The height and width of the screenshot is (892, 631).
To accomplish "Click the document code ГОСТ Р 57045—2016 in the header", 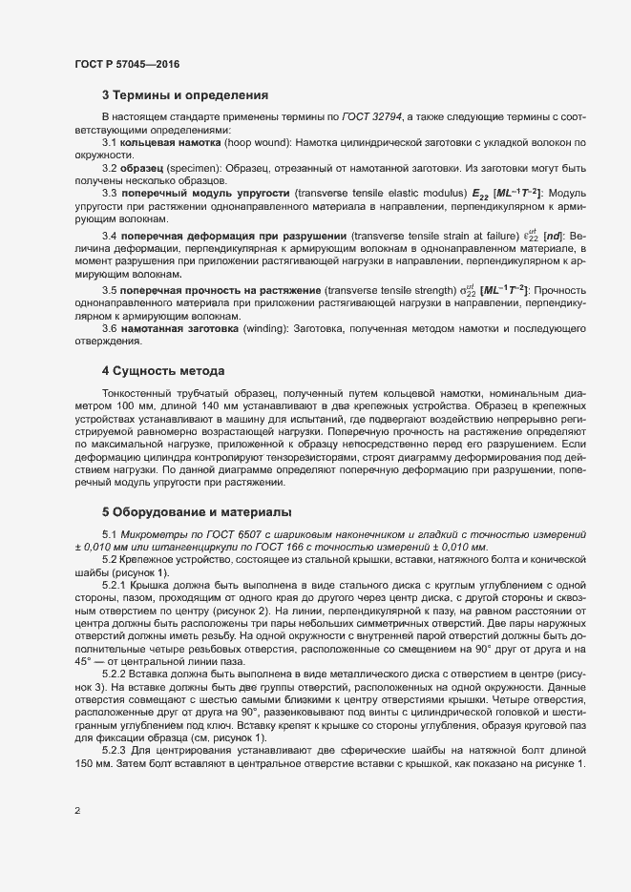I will pyautogui.click(x=126, y=64).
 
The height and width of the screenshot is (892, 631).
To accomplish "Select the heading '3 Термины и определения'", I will pyautogui.click(x=184, y=95).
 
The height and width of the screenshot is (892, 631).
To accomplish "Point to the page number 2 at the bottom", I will pyautogui.click(x=77, y=811).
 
